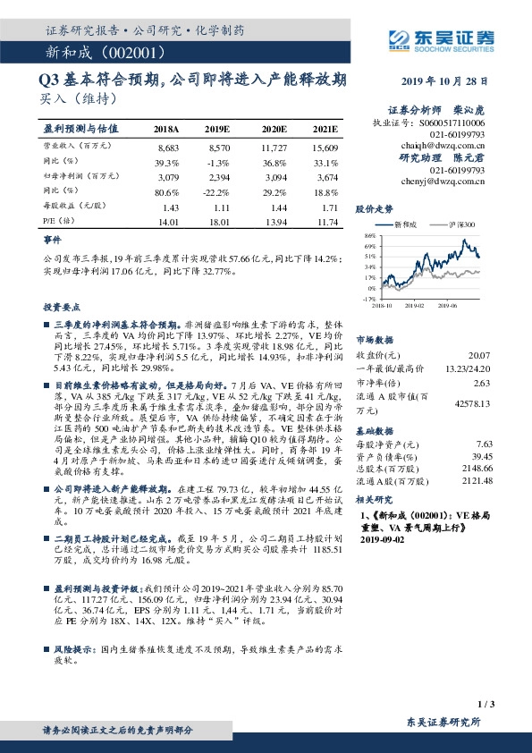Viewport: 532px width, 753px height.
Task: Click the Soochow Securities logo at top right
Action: point(456,38)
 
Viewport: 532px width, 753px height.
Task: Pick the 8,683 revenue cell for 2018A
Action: point(168,146)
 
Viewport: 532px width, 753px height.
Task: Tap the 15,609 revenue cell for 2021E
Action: point(325,146)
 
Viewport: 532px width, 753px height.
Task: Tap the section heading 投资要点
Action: point(61,305)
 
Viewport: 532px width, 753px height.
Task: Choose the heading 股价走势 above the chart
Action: point(373,207)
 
